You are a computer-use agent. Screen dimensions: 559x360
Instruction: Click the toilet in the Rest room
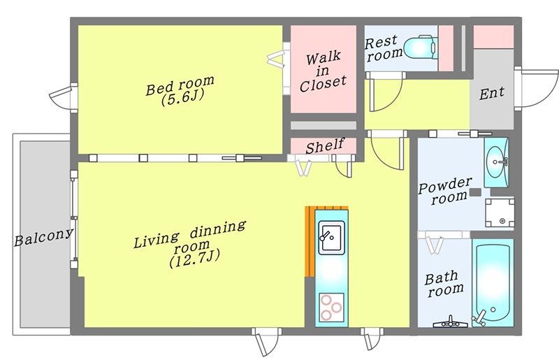(x=421, y=47)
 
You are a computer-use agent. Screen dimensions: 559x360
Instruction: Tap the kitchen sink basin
(x=331, y=238)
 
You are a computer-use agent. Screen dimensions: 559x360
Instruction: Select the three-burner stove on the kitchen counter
(x=331, y=307)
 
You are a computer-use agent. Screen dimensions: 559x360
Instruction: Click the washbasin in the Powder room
(x=496, y=162)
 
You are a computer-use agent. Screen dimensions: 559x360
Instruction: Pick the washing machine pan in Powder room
(x=500, y=213)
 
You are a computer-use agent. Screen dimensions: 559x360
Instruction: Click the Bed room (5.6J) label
(x=180, y=91)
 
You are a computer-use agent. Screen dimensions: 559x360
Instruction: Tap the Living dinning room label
(x=190, y=245)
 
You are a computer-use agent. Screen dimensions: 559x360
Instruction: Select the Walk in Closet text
(x=323, y=72)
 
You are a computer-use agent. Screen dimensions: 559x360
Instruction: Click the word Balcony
(x=44, y=236)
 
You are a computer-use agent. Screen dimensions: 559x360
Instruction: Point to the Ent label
(x=492, y=94)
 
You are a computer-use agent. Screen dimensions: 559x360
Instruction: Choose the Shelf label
(x=325, y=145)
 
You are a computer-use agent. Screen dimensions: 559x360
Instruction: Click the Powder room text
(x=446, y=191)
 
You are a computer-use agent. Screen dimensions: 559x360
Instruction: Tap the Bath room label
(x=444, y=284)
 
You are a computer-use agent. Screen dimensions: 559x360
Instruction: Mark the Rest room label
(x=383, y=48)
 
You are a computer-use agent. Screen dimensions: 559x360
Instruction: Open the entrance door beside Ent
(x=536, y=88)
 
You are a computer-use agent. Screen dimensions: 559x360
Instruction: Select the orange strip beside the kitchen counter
(x=309, y=241)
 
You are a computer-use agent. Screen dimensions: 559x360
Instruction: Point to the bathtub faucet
(x=479, y=318)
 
